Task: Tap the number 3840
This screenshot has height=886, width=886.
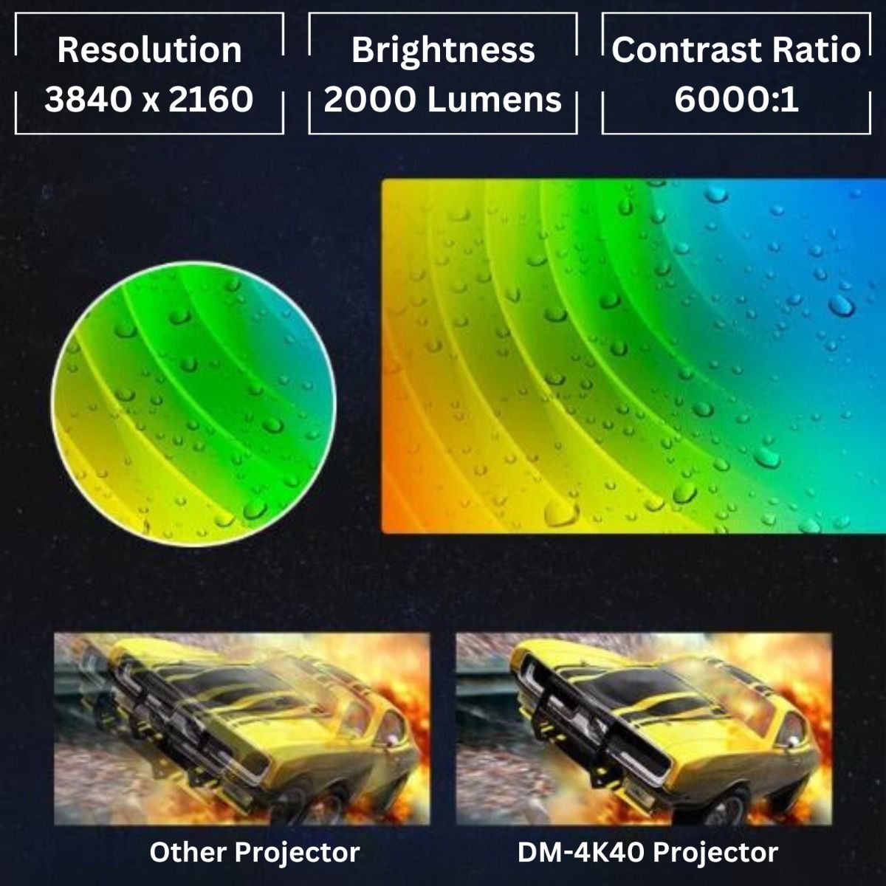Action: pos(88,100)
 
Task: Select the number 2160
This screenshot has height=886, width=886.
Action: pos(210,100)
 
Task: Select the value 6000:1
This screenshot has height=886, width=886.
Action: pos(736,100)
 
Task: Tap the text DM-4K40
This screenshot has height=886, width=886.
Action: pos(580,853)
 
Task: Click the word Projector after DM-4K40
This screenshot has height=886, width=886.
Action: pos(715,854)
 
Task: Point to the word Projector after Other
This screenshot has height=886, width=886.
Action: pos(298,854)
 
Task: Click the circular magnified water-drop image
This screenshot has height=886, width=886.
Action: pos(194,404)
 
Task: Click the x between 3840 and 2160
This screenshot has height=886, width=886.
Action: pos(151,103)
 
